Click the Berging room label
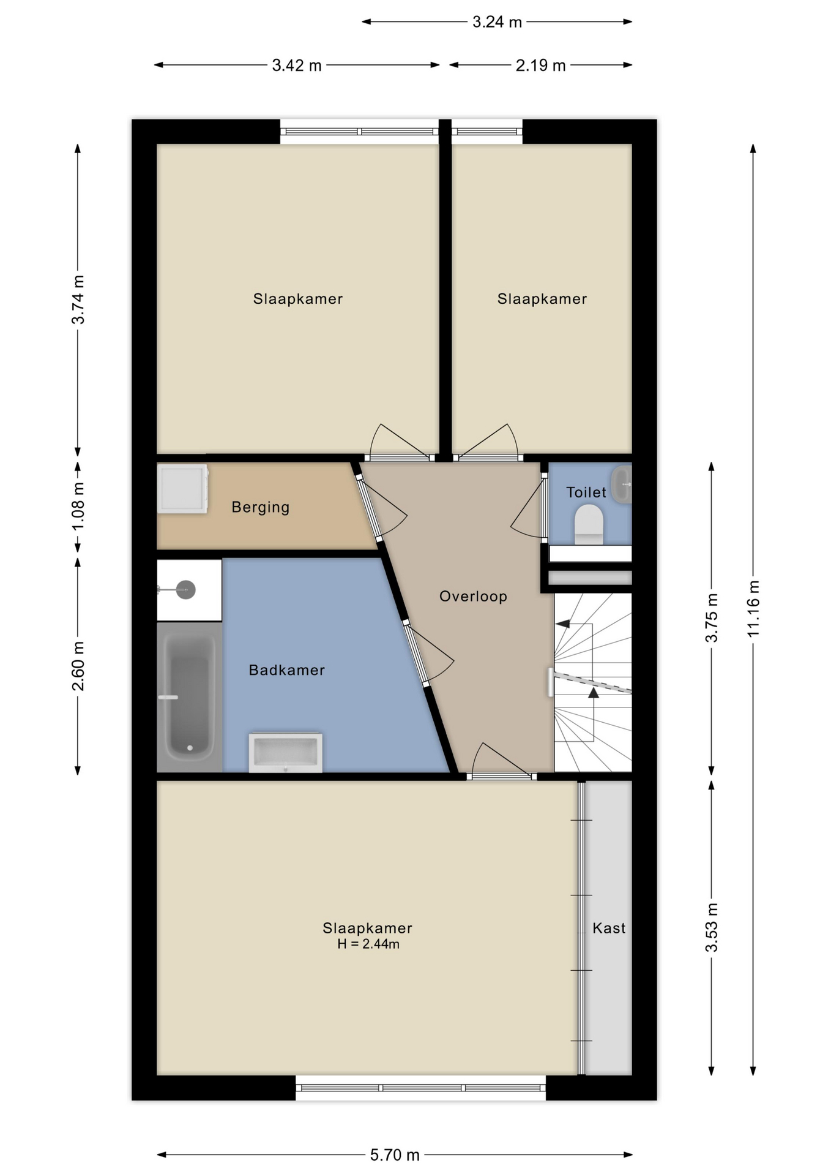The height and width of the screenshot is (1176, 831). coord(260,508)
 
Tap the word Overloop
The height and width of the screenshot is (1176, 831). coord(473,597)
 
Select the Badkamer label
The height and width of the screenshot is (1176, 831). coord(286,670)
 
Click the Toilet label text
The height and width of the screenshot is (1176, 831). coord(586,492)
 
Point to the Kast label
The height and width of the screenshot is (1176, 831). coord(609,928)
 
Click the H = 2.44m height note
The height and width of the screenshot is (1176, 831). coord(368,944)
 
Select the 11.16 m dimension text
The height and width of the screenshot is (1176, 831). coord(753,609)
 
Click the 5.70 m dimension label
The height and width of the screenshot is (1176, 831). coord(395,1155)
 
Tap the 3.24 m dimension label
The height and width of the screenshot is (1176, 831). coord(497,22)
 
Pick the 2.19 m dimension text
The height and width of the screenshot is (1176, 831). coord(540,66)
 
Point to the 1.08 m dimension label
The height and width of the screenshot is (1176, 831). coord(78,508)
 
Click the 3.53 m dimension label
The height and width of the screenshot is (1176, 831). coord(712,928)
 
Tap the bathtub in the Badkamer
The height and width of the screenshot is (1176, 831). coord(189,697)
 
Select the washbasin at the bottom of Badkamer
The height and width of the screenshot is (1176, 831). coord(285,752)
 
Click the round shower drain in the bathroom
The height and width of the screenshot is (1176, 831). coord(186,590)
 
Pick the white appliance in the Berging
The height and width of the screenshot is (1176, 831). coord(182,488)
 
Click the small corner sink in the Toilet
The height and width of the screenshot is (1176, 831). coord(622,484)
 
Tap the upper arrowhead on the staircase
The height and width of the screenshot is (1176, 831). coord(562,624)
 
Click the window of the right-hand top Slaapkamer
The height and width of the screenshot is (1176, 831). coord(487,131)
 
